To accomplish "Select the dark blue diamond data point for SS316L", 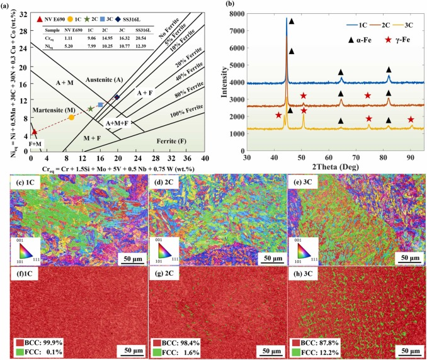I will tap(117, 96).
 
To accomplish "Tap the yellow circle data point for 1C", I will tap(72, 118).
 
